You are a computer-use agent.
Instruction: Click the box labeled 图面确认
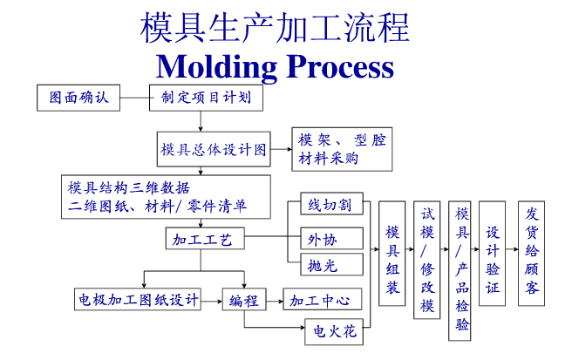click(x=78, y=98)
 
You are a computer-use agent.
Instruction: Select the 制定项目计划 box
click(x=206, y=98)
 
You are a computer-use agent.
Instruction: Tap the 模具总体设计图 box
click(x=214, y=149)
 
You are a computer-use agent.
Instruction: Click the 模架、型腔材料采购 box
click(x=342, y=149)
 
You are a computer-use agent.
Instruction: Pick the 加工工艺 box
click(x=205, y=239)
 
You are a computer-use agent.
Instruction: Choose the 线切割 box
click(x=331, y=203)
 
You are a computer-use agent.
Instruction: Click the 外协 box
click(x=331, y=238)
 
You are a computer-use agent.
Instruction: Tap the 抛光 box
click(x=331, y=264)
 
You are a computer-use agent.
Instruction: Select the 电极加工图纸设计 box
click(x=138, y=299)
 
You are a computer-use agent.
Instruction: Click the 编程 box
click(x=244, y=299)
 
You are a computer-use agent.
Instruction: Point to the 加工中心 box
click(x=323, y=299)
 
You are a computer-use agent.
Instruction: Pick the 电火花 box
click(x=334, y=331)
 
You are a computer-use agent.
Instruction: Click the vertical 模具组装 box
click(x=392, y=253)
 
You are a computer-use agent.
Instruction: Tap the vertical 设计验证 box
click(x=492, y=253)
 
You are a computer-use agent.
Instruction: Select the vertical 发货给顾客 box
click(x=532, y=253)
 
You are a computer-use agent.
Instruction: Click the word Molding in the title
click(x=217, y=67)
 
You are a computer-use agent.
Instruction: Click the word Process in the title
click(x=340, y=66)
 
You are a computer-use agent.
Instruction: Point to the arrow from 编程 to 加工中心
click(x=275, y=302)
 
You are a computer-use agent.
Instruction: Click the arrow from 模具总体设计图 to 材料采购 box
click(x=282, y=149)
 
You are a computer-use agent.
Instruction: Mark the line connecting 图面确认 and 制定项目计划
click(x=134, y=98)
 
